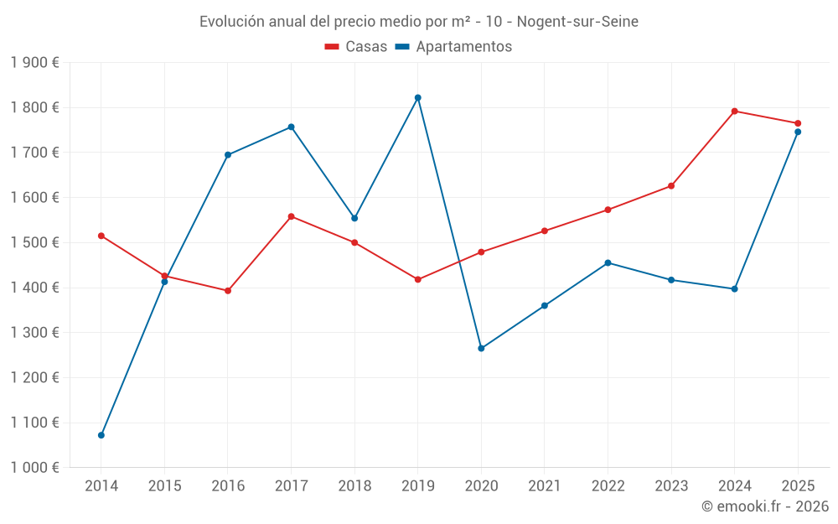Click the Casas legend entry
357,47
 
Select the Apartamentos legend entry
454,47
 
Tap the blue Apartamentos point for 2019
418,98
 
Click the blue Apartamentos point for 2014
101,435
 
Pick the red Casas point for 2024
734,111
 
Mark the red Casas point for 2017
291,216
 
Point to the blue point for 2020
481,348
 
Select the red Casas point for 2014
101,236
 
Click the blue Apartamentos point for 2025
798,132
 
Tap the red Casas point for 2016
228,291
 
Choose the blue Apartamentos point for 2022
608,262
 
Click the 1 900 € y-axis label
35,63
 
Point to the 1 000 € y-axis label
35,468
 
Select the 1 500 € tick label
35,243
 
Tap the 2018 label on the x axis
354,486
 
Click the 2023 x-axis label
671,486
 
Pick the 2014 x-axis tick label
101,486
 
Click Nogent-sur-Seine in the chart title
577,22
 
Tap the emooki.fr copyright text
765,506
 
